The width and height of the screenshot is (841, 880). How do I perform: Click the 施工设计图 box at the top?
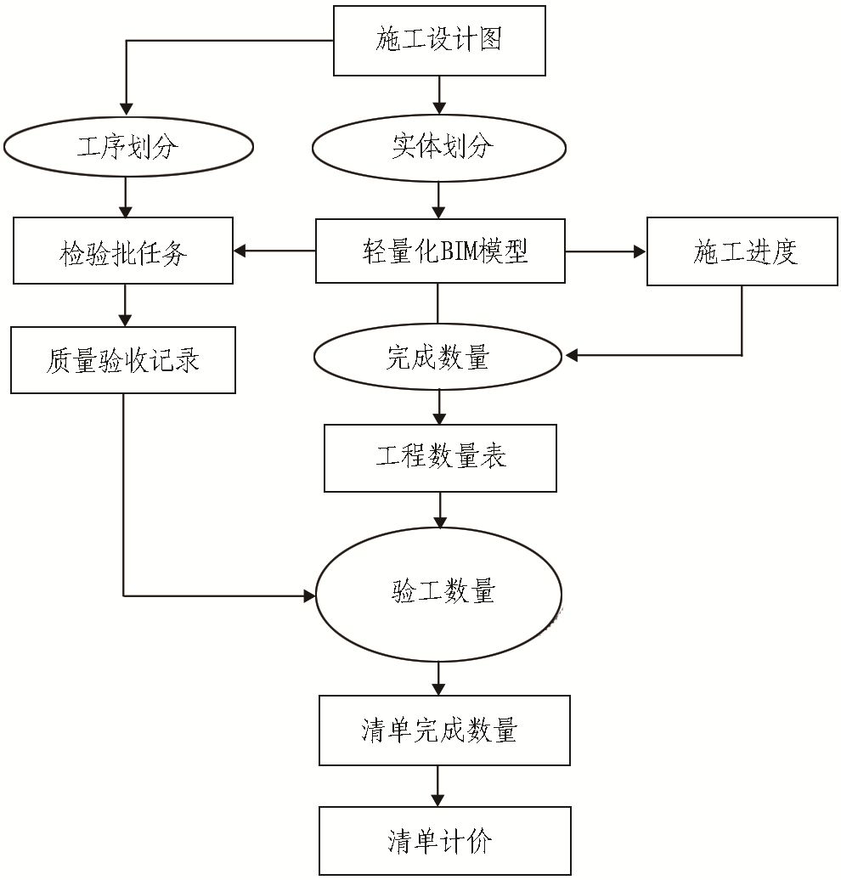(x=438, y=41)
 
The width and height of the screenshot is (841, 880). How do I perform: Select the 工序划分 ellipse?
(x=127, y=147)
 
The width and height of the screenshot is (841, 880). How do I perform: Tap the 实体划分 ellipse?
(x=438, y=147)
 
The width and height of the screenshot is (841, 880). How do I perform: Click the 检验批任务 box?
(x=123, y=251)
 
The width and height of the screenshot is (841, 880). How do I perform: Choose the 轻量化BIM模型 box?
(x=440, y=251)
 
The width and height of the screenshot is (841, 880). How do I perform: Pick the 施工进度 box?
(x=742, y=251)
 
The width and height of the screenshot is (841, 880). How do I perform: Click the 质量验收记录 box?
(x=123, y=360)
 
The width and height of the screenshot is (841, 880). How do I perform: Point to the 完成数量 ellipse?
(x=438, y=358)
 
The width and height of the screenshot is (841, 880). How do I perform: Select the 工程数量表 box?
(x=440, y=458)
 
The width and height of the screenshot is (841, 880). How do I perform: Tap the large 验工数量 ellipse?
(x=438, y=591)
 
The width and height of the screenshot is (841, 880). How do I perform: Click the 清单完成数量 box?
(x=444, y=730)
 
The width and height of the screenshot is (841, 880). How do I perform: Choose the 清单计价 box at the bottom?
(x=444, y=841)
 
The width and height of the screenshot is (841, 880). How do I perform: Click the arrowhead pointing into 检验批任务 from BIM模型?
(x=240, y=251)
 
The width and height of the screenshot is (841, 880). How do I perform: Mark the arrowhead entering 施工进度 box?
(x=640, y=251)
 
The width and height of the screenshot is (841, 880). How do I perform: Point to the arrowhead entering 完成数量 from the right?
(x=572, y=356)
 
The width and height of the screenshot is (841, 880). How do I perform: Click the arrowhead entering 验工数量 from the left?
(x=309, y=596)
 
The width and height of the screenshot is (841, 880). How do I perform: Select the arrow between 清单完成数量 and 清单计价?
(x=438, y=786)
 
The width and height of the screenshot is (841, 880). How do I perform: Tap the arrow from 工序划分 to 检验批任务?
(x=127, y=197)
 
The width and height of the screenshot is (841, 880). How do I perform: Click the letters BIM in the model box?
(x=459, y=251)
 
